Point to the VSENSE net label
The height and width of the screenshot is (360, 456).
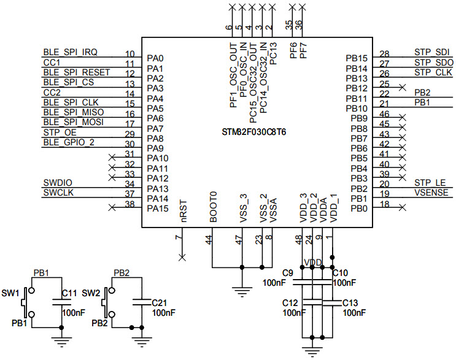tap(432, 193)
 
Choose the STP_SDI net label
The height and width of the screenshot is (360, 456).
tap(433, 52)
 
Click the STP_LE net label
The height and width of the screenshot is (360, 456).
tap(429, 183)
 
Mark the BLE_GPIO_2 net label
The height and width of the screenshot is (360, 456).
tap(68, 142)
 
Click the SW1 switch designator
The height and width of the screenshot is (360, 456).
tap(10, 293)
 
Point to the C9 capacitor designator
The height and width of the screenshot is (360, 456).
tap(287, 273)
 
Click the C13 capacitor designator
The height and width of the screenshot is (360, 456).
tap(350, 303)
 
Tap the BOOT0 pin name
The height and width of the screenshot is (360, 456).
tap(213, 207)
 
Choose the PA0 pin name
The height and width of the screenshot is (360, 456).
tap(155, 58)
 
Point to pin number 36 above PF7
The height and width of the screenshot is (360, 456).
tap(299, 25)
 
